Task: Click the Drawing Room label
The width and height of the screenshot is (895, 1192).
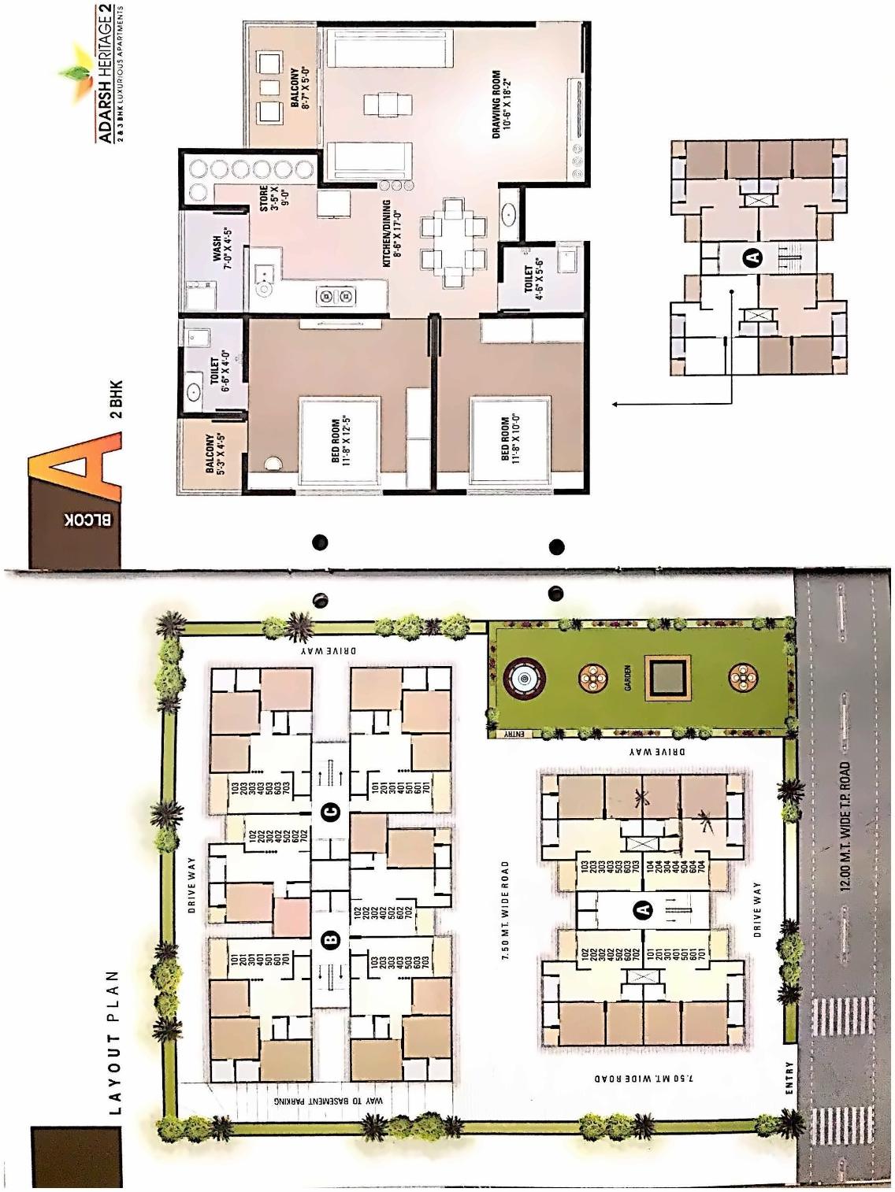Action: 501,104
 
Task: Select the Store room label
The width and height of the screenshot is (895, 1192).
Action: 269,206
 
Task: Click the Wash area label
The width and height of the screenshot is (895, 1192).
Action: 222,249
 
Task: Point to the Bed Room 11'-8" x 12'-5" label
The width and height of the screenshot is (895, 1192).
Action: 340,440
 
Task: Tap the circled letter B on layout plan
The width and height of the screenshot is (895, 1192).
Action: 331,938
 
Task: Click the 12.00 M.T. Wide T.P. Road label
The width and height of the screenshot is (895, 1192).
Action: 845,826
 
